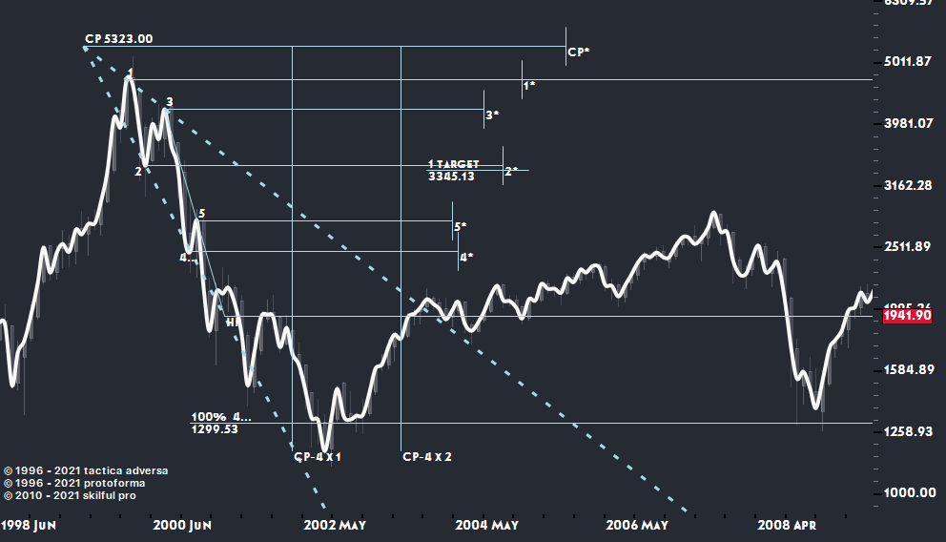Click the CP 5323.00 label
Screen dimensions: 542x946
click(x=118, y=39)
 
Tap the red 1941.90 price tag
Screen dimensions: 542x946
click(x=907, y=316)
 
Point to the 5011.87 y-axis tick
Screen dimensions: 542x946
click(x=907, y=62)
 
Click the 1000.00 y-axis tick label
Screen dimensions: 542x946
click(x=907, y=492)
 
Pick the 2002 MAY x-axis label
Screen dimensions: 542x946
click(x=335, y=526)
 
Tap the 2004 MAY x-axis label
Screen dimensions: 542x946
click(x=486, y=526)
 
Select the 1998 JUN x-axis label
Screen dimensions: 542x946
click(x=29, y=526)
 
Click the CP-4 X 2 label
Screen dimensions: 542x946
click(x=426, y=457)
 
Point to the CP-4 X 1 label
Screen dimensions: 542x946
click(x=318, y=457)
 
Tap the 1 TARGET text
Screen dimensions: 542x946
click(x=453, y=164)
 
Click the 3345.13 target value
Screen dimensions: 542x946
click(x=451, y=177)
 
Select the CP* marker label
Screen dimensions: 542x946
click(x=578, y=52)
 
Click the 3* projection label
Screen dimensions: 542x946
click(x=492, y=115)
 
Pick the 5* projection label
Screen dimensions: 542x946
click(x=460, y=227)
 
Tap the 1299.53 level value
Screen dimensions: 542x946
click(x=215, y=429)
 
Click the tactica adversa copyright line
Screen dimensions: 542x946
click(x=87, y=470)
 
